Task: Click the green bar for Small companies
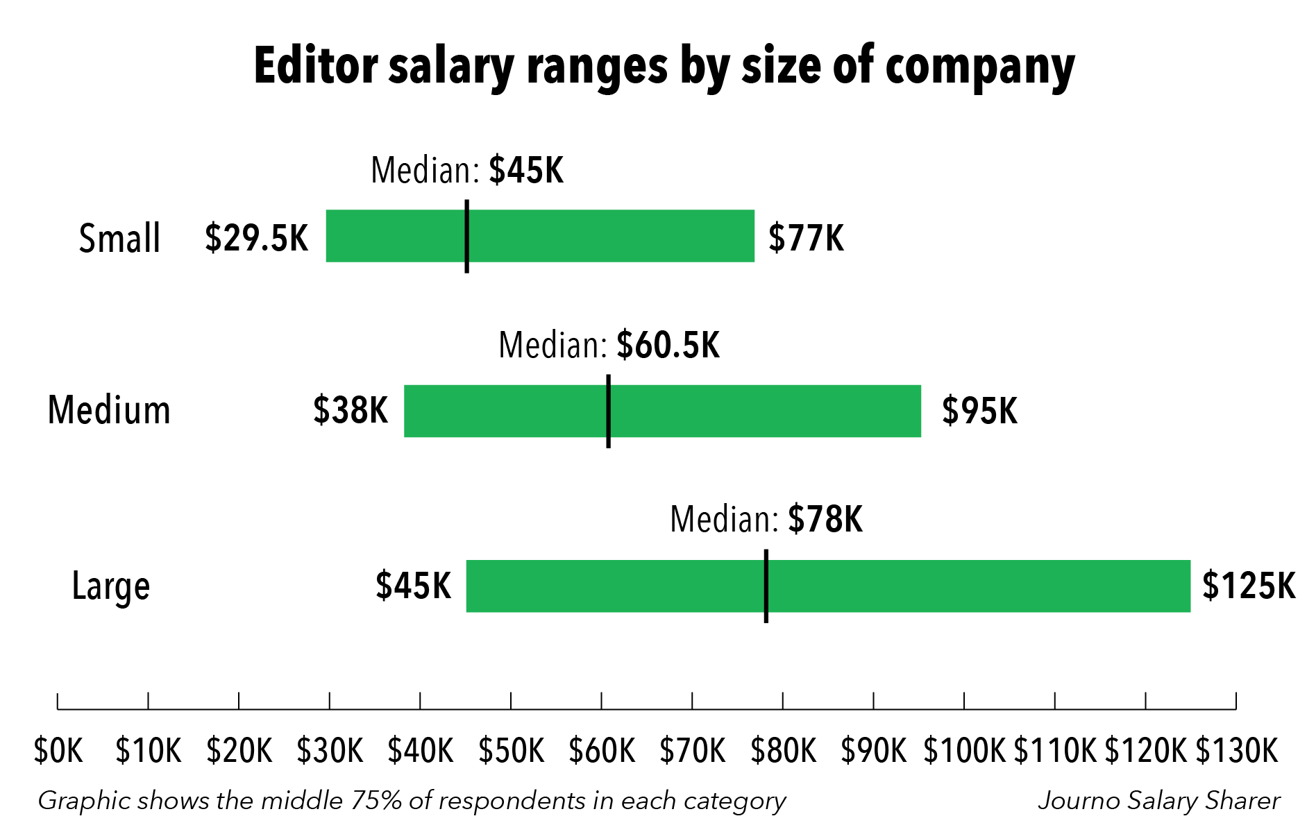click(611, 236)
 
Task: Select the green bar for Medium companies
click(764, 411)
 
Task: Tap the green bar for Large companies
click(972, 586)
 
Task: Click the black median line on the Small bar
click(467, 236)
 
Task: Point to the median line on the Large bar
click(766, 586)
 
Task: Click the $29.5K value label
click(256, 238)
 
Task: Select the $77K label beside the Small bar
click(806, 238)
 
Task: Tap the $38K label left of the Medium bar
click(350, 410)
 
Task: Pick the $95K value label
click(979, 411)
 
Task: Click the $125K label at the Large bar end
click(1248, 586)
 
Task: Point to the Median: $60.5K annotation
click(609, 345)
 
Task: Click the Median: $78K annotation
click(766, 519)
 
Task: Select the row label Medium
click(109, 410)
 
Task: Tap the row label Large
click(111, 586)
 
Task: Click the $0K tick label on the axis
click(58, 751)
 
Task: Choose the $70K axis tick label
click(692, 751)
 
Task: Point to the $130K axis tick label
click(1236, 751)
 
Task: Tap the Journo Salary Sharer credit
click(1158, 801)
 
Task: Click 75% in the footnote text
click(377, 801)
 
